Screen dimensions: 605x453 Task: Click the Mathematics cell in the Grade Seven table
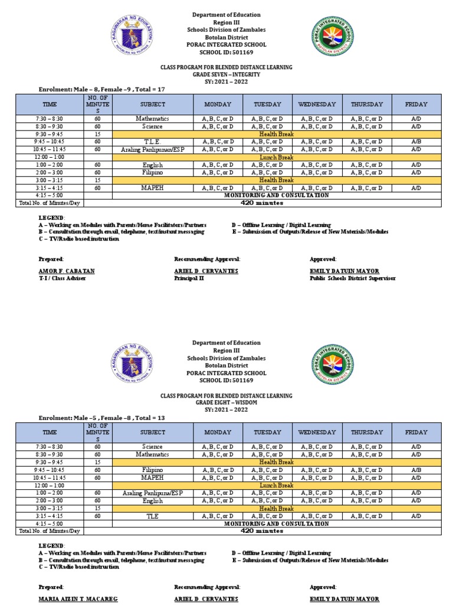point(152,119)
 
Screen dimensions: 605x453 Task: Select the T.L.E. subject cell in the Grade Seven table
point(152,142)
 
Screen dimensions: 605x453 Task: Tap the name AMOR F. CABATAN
point(67,271)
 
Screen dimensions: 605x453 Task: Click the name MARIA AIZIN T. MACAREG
point(78,599)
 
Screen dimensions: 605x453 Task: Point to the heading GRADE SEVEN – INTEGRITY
point(226,75)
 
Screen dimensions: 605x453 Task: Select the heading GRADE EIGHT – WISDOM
point(226,403)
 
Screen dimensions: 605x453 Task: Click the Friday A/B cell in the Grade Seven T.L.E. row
point(416,142)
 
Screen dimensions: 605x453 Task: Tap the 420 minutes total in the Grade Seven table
point(262,203)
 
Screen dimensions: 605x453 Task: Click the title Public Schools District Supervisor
point(352,278)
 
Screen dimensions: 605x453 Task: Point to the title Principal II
point(189,278)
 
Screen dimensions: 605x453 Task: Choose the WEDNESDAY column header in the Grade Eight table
point(317,432)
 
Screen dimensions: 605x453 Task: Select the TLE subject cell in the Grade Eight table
point(152,516)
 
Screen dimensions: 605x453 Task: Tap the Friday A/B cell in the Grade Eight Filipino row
point(416,470)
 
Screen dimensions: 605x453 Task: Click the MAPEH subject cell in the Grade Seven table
point(152,188)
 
